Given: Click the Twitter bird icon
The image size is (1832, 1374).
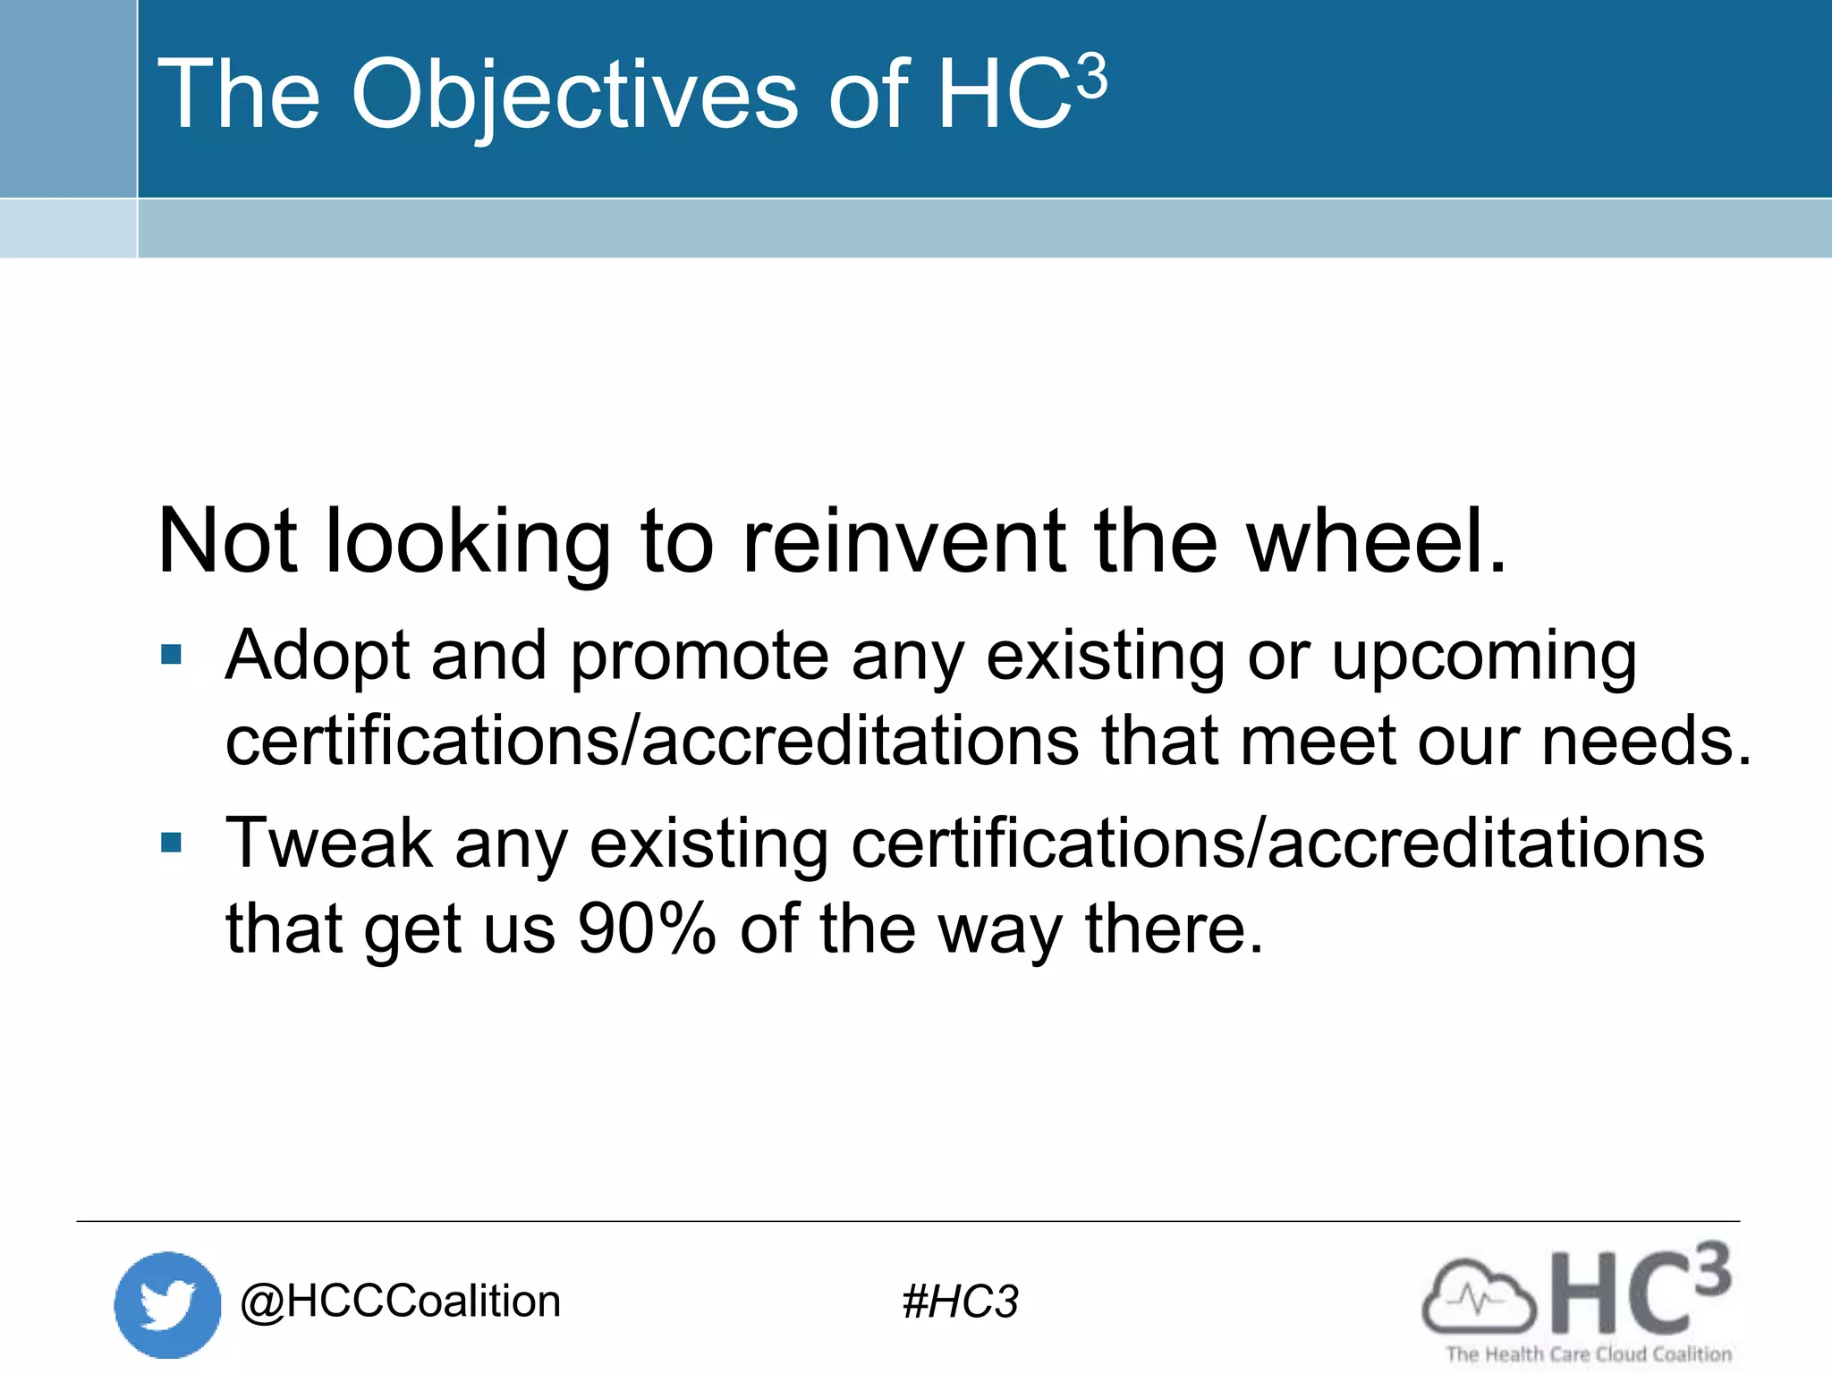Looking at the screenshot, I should (167, 1304).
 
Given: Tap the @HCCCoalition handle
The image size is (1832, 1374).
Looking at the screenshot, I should (400, 1302).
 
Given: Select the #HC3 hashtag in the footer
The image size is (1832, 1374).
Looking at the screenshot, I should (960, 1302).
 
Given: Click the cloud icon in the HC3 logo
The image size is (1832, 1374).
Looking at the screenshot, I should (1479, 1297).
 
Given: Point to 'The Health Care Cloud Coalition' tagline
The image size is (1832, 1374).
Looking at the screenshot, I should (1589, 1354).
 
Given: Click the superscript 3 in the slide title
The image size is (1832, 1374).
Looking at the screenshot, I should (1091, 77).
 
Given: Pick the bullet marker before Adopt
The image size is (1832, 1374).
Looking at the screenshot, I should (171, 655).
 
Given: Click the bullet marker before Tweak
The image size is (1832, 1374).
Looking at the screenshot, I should (171, 843).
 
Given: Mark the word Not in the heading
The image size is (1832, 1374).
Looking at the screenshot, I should (227, 541).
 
